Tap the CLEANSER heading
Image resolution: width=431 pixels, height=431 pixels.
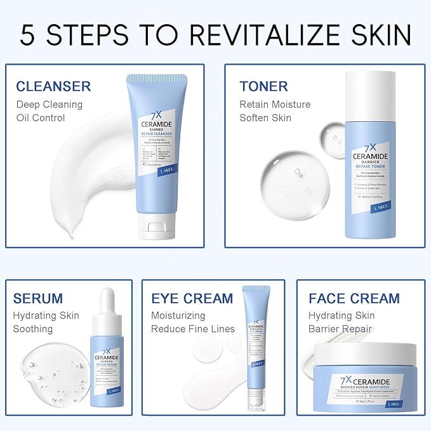click(53, 86)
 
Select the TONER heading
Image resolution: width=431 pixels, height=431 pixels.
click(263, 86)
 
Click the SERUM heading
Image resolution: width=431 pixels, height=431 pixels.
click(38, 298)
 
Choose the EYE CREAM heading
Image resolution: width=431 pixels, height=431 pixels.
click(192, 298)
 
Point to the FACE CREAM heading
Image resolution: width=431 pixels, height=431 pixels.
click(354, 298)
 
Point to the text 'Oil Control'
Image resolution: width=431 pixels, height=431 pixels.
click(41, 117)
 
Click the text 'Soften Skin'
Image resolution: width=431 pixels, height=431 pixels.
click(266, 117)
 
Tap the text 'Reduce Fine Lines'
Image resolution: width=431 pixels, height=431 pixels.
click(192, 329)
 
